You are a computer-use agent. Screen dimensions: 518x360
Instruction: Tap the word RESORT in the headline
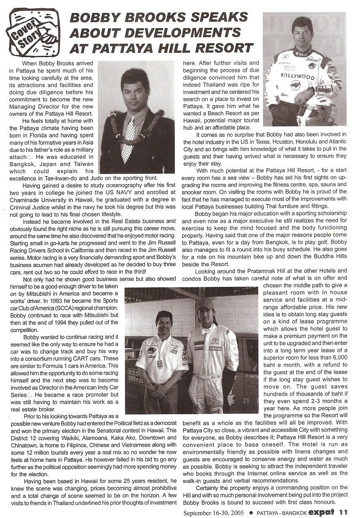(x=223, y=47)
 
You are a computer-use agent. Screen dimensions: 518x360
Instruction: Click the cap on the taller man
(x=206, y=304)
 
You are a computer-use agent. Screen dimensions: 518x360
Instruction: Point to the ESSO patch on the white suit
(x=215, y=348)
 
